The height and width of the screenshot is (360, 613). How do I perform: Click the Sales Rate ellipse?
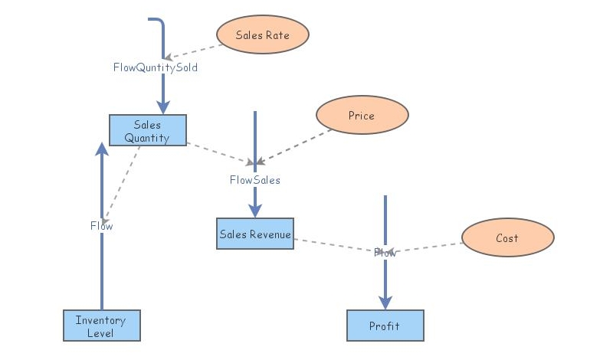(x=263, y=34)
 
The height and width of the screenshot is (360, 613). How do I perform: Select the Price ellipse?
(x=362, y=116)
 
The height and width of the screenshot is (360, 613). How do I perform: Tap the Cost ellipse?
(x=507, y=237)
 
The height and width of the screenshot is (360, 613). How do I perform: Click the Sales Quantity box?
(x=147, y=130)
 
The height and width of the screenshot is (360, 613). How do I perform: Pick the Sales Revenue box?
(x=254, y=234)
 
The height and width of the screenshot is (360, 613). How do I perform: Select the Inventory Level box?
(x=101, y=326)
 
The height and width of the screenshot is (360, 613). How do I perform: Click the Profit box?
(x=385, y=326)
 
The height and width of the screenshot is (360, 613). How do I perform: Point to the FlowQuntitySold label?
(x=156, y=67)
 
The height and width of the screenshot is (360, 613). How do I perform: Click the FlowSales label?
(x=255, y=180)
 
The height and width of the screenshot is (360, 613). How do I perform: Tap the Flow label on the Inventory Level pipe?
(x=101, y=225)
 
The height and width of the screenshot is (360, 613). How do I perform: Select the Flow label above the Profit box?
(x=385, y=252)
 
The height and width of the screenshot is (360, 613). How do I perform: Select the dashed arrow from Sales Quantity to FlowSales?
(x=218, y=152)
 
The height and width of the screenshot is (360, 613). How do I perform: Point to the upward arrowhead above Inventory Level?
(x=101, y=148)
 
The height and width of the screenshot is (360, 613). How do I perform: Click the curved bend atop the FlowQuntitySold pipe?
(x=159, y=23)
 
